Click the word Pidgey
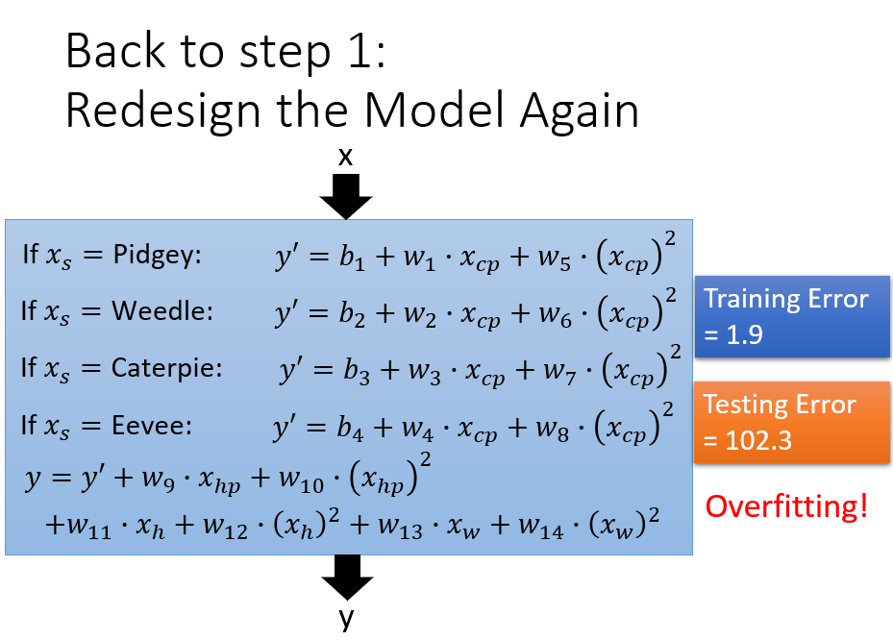157,255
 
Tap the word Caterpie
166,368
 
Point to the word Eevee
152,426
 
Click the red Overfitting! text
786,506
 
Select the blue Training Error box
792,316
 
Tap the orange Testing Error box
792,422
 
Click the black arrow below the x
346,196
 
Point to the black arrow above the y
347,577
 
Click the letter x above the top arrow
345,157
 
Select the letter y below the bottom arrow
346,618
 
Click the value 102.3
758,440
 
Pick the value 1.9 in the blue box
744,334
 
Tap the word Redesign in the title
162,112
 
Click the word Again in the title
580,112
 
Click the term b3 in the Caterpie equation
357,371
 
